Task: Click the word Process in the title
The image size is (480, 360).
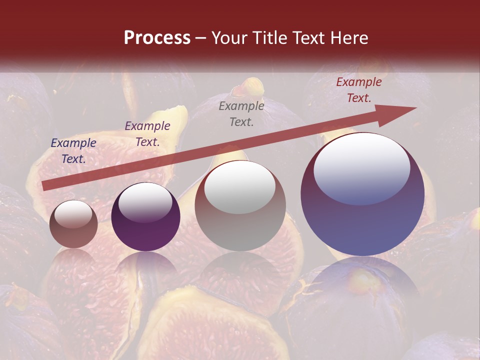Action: coord(157,38)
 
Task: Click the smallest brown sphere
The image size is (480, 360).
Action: coord(73,224)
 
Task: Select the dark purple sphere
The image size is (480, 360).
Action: coord(145,217)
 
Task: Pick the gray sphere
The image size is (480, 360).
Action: coord(240,206)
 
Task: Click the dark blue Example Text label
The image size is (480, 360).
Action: coord(73,151)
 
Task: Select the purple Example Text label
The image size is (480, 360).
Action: coord(147,134)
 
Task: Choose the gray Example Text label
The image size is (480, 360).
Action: coord(241,113)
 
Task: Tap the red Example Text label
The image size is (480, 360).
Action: coord(358,90)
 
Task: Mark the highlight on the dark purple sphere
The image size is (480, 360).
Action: coord(145,202)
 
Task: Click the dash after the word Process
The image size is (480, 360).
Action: coord(201,38)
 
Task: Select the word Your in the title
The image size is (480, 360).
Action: coord(228,38)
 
